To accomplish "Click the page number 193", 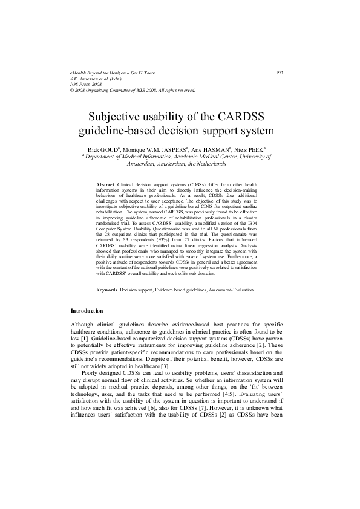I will point(280,73).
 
